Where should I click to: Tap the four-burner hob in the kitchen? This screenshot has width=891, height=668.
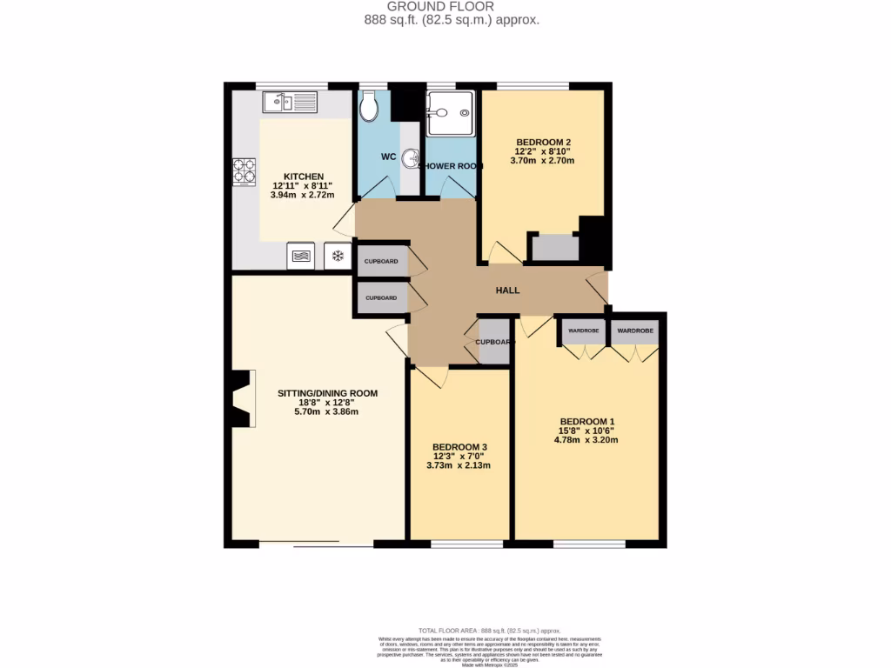point(244,172)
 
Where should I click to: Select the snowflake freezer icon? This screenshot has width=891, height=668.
point(337,256)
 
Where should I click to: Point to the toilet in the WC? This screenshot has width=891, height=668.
point(369,107)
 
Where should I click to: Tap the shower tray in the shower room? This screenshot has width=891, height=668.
point(451,113)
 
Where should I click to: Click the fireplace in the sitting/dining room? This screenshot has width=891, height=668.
point(243,398)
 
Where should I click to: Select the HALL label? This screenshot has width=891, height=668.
point(507,291)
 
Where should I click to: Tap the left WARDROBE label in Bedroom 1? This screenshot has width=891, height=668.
point(582,331)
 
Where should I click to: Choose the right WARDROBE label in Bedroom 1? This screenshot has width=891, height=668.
point(635,331)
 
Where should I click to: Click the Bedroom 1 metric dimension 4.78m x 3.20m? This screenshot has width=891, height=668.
point(588,440)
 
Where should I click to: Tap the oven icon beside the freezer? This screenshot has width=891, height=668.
point(301,256)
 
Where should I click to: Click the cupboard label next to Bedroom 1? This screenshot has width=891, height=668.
point(493,342)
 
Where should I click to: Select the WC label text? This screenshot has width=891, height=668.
point(388,157)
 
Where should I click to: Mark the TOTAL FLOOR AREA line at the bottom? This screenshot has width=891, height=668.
point(489,630)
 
